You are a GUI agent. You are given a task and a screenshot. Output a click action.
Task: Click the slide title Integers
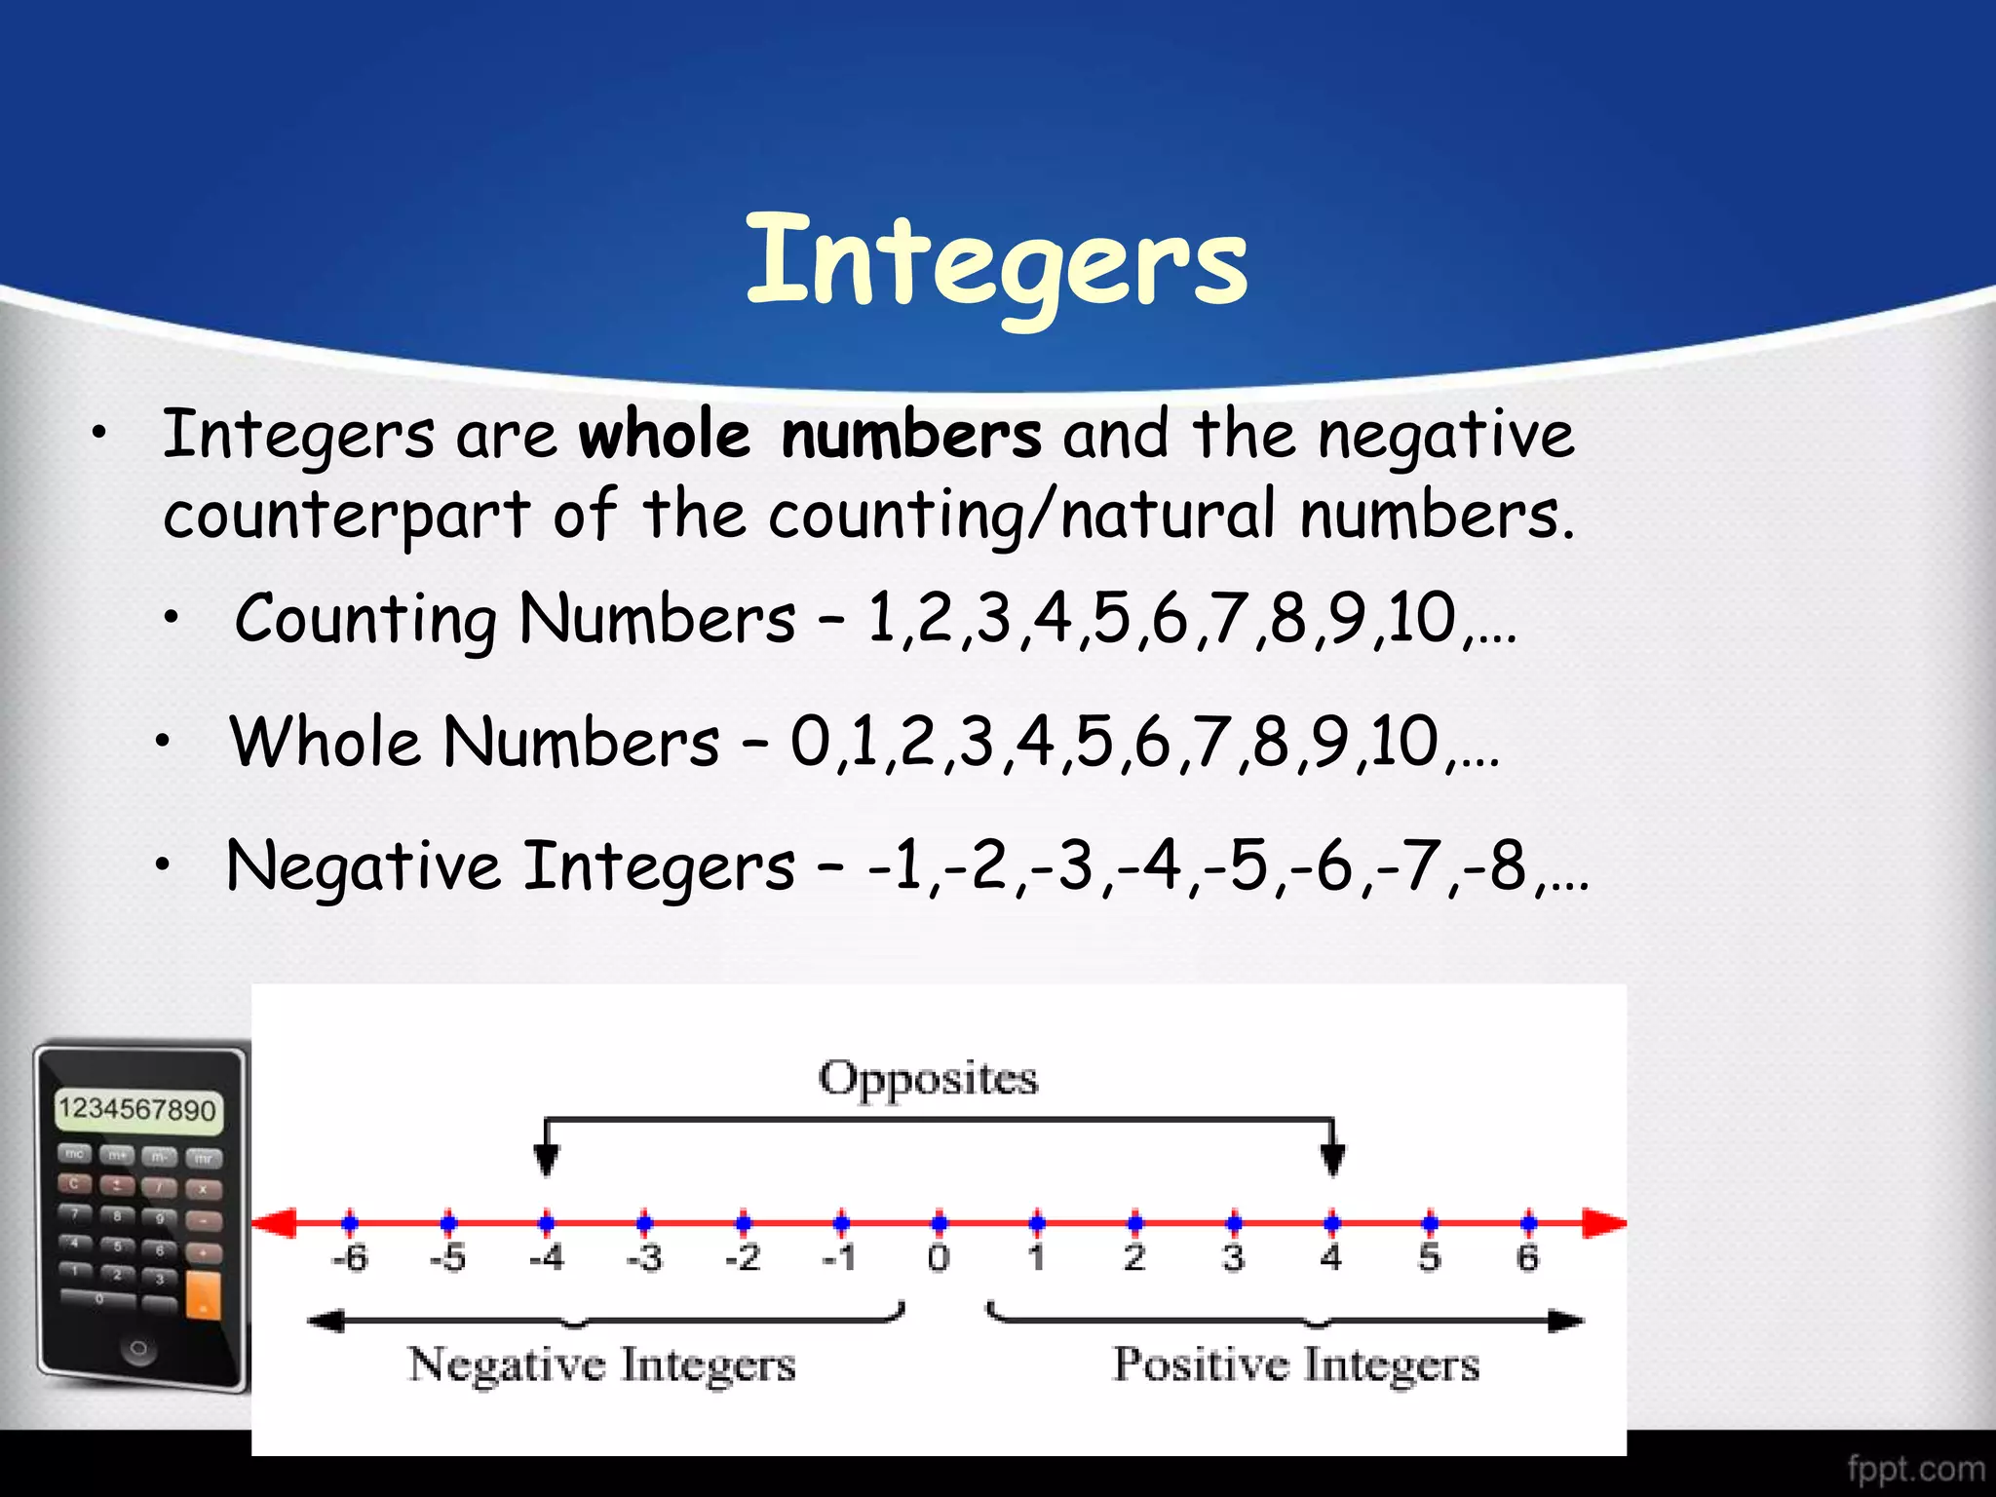point(996,261)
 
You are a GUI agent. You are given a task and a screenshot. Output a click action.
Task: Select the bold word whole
point(665,436)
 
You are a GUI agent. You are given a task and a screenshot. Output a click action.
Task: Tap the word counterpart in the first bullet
point(346,516)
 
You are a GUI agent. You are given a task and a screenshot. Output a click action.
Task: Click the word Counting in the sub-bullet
point(365,620)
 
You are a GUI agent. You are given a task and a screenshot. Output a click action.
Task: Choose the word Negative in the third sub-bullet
point(364,866)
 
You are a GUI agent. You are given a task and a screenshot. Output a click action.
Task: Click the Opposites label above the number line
point(928,1079)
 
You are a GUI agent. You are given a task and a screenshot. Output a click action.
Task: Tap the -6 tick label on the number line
point(349,1258)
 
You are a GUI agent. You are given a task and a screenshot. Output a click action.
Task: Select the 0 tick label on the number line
point(938,1258)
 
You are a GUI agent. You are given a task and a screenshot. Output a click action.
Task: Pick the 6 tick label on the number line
point(1527,1258)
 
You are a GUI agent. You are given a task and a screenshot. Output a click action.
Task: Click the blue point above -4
point(547,1222)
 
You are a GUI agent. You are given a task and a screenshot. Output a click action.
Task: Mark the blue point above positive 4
point(1331,1222)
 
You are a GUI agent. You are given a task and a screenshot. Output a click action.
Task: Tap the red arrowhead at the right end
point(1603,1223)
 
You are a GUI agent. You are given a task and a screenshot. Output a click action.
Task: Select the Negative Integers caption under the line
point(601,1364)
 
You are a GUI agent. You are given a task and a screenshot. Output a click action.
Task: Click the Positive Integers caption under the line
point(1296,1364)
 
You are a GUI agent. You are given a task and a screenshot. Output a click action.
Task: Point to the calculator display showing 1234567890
point(136,1110)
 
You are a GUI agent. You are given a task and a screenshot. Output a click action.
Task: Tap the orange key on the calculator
point(203,1295)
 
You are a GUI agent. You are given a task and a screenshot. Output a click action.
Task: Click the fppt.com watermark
point(1915,1468)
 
